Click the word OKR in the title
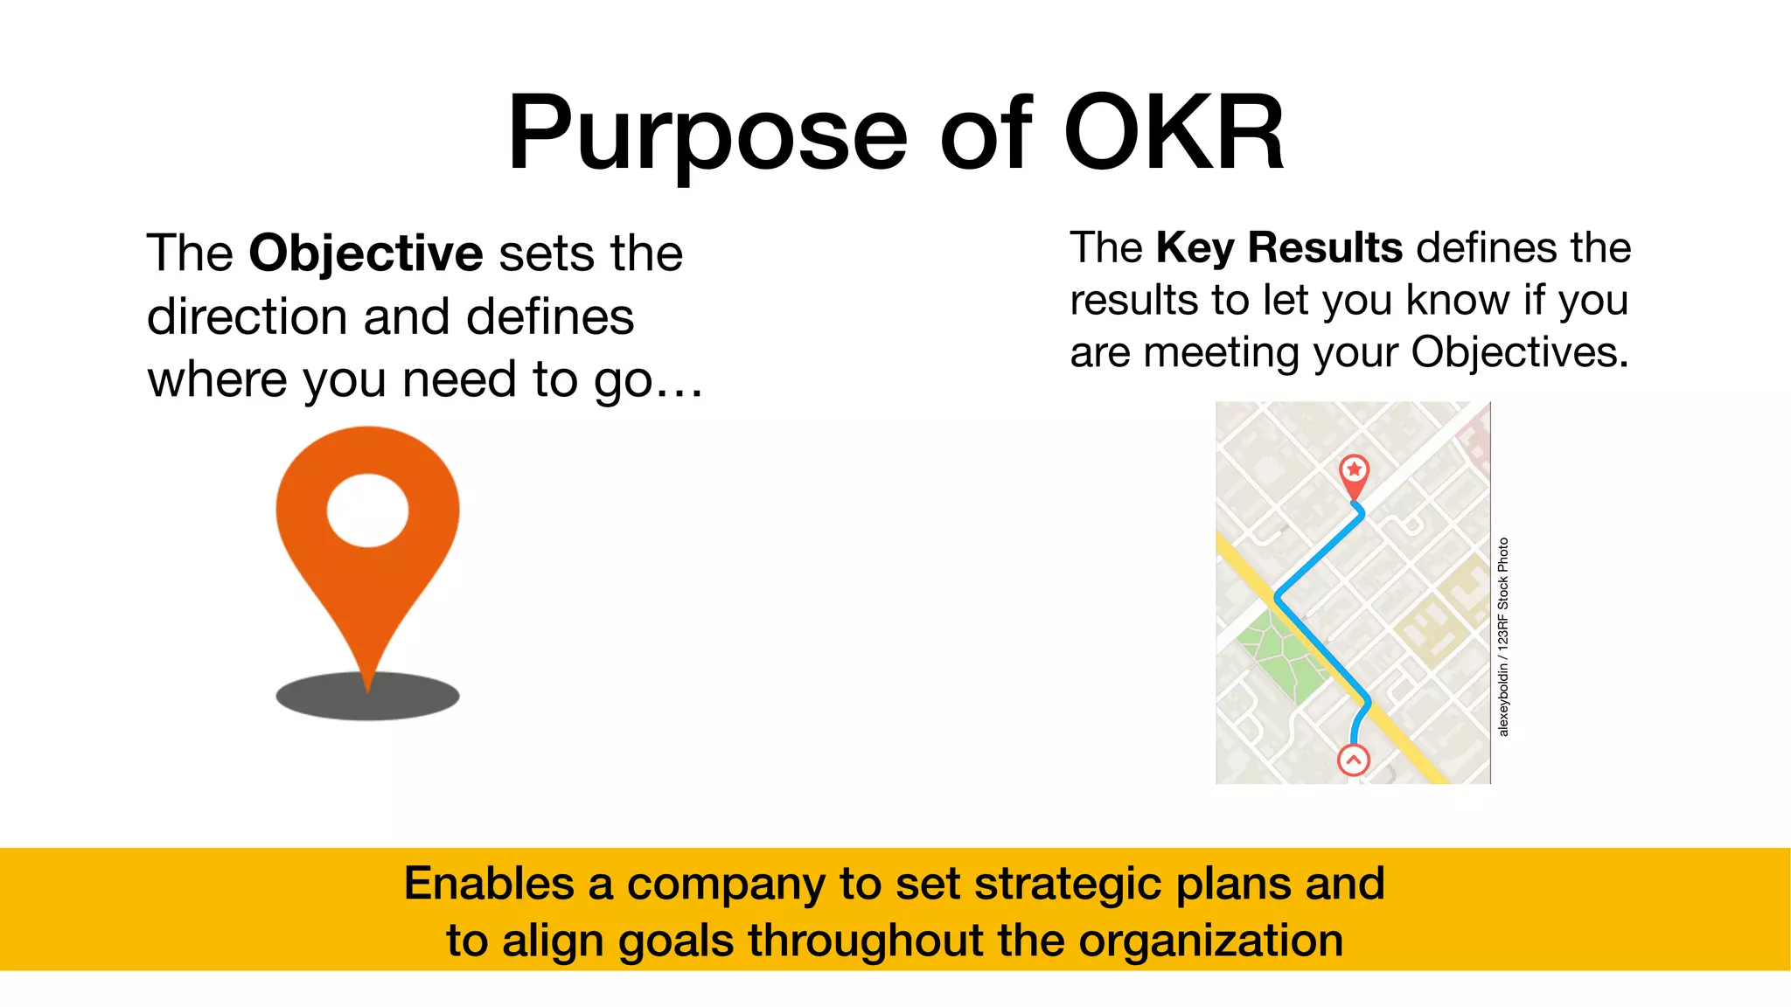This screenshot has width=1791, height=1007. pyautogui.click(x=1174, y=134)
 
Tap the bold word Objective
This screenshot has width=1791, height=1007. pyautogui.click(x=366, y=253)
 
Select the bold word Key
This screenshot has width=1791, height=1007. pyautogui.click(x=1194, y=248)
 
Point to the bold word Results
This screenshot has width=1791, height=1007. pyautogui.click(x=1325, y=248)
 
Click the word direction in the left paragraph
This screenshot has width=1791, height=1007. pyautogui.click(x=247, y=316)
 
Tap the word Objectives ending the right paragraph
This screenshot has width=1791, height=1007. pyautogui.click(x=1519, y=352)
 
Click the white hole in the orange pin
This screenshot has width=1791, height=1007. pyautogui.click(x=367, y=510)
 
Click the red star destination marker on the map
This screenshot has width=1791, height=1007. pyautogui.click(x=1355, y=470)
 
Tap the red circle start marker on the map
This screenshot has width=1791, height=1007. pyautogui.click(x=1354, y=760)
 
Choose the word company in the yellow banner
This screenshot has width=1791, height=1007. pyautogui.click(x=726, y=884)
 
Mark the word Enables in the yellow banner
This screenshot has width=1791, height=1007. pyautogui.click(x=488, y=884)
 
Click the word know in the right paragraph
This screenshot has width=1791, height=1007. pyautogui.click(x=1458, y=301)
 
